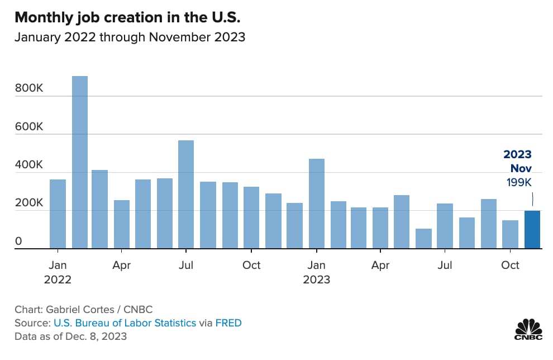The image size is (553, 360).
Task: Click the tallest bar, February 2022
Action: pos(80,162)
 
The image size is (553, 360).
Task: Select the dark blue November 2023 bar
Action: pos(532,230)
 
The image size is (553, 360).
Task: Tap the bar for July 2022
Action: pos(186,195)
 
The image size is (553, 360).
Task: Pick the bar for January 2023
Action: pos(317,203)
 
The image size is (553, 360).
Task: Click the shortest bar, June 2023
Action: pos(423,239)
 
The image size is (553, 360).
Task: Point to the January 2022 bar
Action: pos(58,214)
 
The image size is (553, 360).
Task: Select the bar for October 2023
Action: pos(510,235)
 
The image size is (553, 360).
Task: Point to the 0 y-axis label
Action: pos(18,241)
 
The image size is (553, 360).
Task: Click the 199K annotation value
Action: pos(519,182)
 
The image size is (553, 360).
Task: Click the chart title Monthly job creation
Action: pos(127,17)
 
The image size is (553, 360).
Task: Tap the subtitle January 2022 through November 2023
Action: pos(130,37)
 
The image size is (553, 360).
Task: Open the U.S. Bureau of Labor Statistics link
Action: pos(125,323)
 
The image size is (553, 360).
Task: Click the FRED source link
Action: pos(229,323)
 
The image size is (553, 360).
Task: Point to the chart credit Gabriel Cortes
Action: pos(84,309)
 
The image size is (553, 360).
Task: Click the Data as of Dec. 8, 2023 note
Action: pos(71,336)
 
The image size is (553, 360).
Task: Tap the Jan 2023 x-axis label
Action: pos(317,272)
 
